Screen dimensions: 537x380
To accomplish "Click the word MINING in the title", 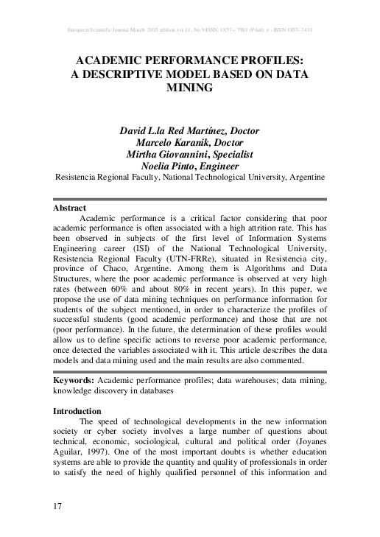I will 189,88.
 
